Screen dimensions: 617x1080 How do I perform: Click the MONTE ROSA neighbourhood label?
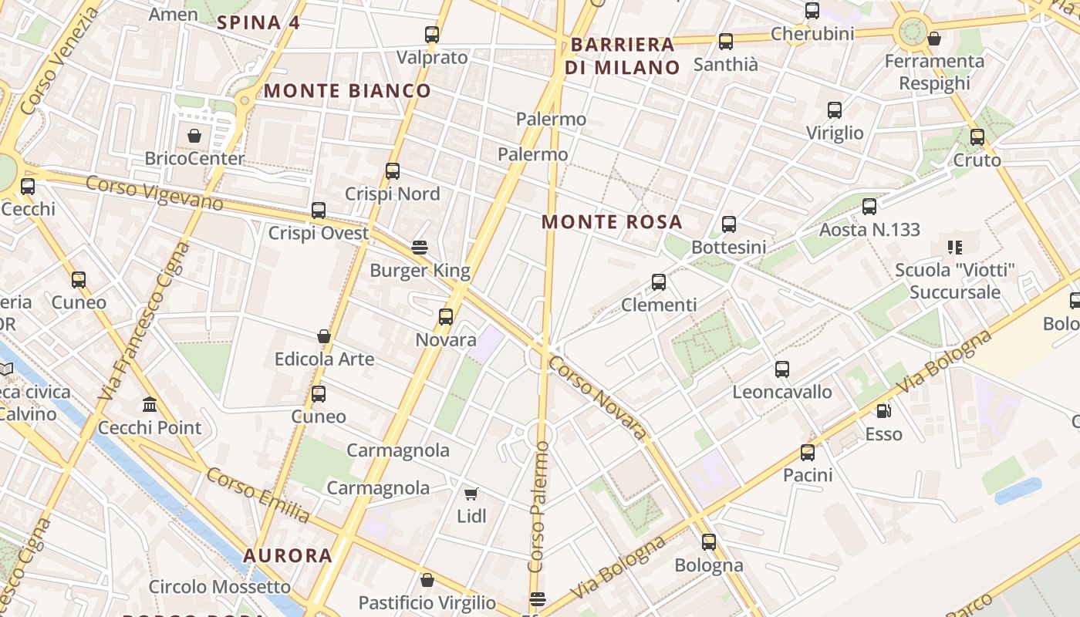612,222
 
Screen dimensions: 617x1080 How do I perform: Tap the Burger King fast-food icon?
420,248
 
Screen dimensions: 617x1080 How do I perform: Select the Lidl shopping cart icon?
471,494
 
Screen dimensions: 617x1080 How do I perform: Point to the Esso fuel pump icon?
883,411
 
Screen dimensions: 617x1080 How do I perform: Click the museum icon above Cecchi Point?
150,404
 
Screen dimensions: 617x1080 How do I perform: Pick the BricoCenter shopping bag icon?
194,136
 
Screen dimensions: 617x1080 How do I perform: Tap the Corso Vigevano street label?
154,193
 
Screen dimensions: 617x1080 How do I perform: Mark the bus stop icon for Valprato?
432,35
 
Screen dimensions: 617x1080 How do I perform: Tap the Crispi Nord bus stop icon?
393,171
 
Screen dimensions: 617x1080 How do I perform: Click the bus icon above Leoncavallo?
782,369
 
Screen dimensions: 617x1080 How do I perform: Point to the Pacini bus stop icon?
808,453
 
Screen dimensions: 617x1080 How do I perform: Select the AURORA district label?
288,555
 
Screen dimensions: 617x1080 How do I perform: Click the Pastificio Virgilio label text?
427,602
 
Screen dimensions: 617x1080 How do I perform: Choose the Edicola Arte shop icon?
324,336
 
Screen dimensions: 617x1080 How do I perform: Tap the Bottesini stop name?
729,247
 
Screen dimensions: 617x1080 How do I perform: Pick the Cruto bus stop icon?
977,137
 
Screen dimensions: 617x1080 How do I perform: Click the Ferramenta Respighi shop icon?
934,39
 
